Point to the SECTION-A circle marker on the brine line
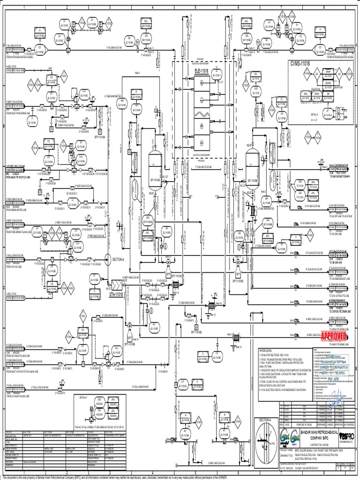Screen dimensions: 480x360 click(x=108, y=259)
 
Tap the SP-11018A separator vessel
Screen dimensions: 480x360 click(x=155, y=169)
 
